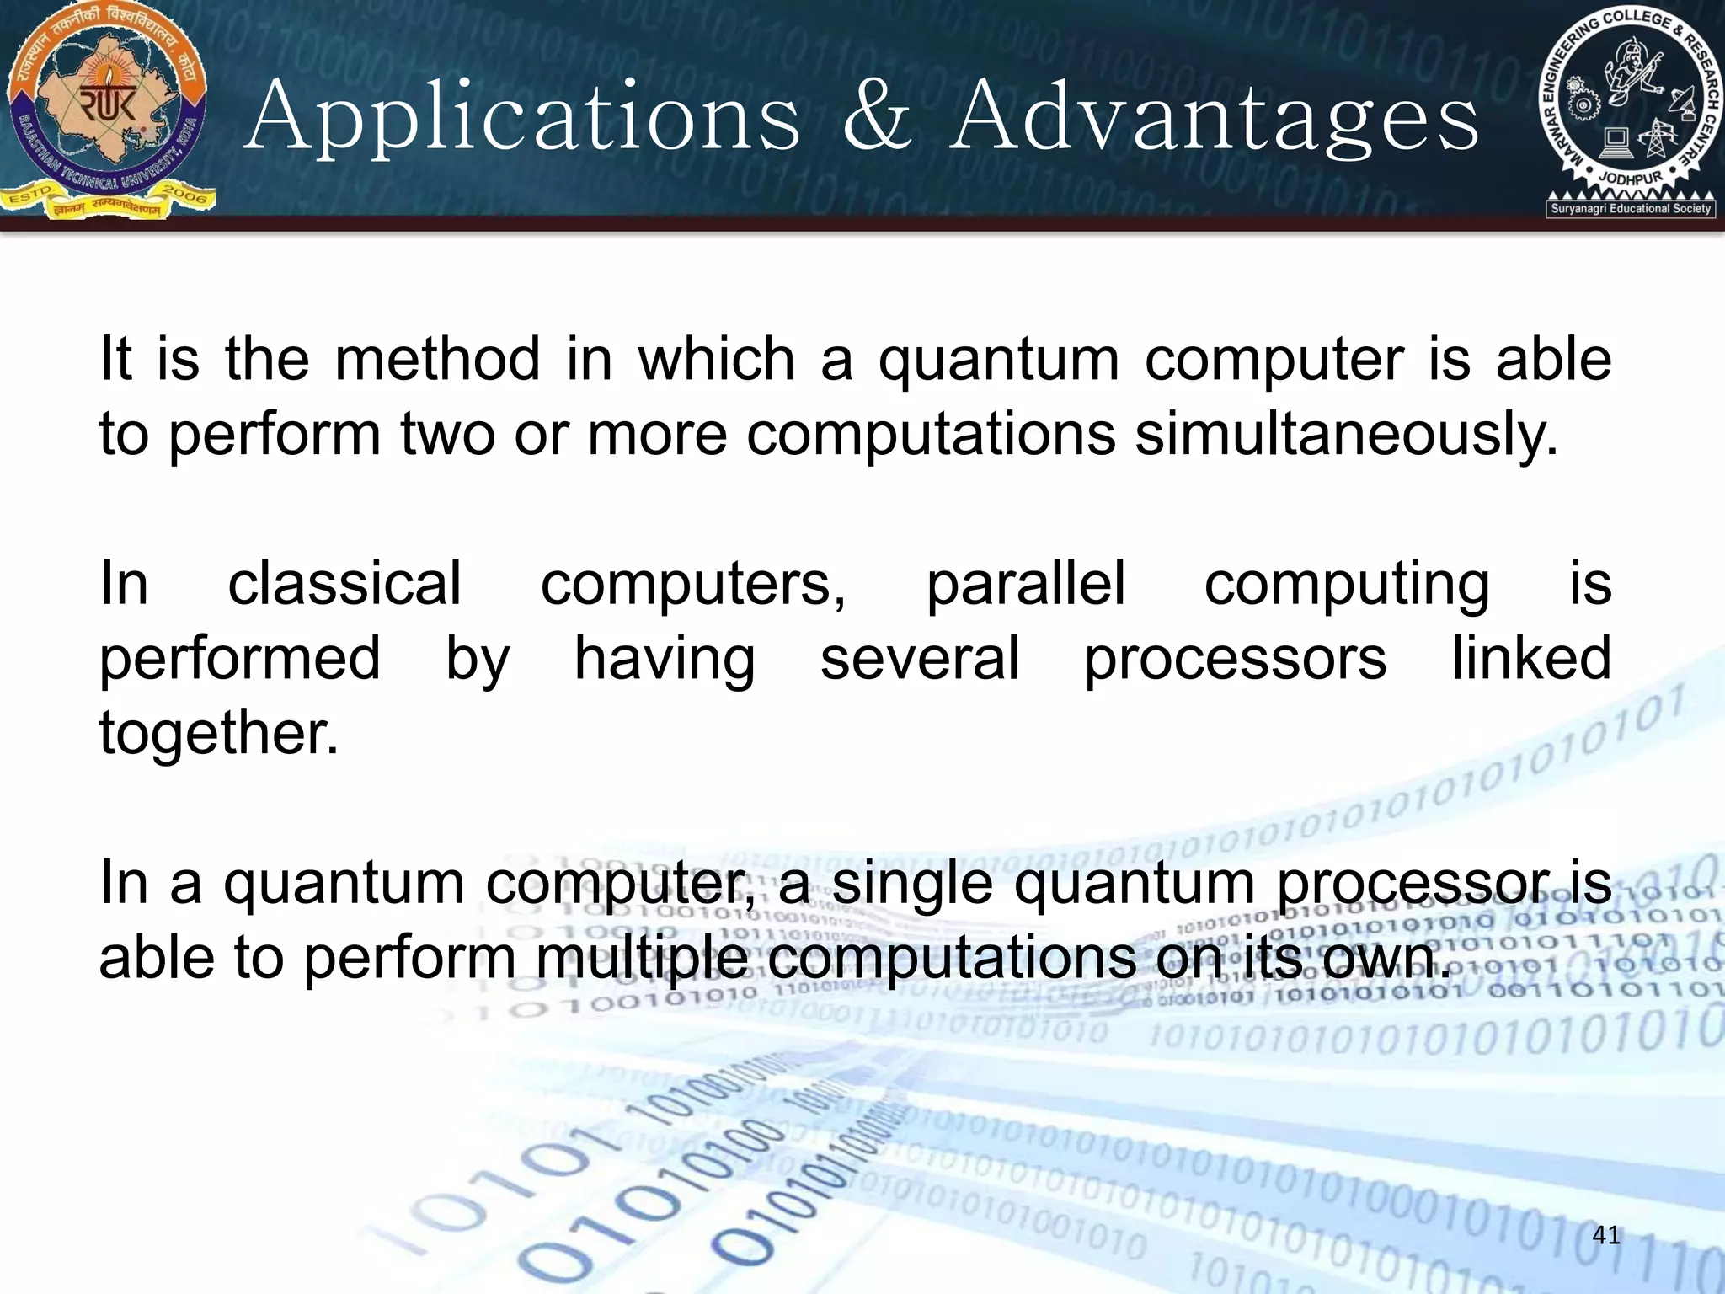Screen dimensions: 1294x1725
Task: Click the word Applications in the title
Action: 522,118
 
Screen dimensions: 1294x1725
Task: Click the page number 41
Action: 1606,1235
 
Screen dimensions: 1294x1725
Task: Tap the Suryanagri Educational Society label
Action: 1631,208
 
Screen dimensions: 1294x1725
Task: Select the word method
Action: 437,360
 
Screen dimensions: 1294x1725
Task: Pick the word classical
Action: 344,583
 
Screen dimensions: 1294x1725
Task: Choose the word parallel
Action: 1025,583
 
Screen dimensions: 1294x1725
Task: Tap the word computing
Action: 1346,585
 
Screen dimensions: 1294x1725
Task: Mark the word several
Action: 920,658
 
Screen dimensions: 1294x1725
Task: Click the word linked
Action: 1530,658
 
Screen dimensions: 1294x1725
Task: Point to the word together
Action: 218,733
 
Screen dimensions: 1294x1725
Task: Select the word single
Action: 913,885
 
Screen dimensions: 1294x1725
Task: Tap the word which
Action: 716,360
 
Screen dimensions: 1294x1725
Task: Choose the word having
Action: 665,660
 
